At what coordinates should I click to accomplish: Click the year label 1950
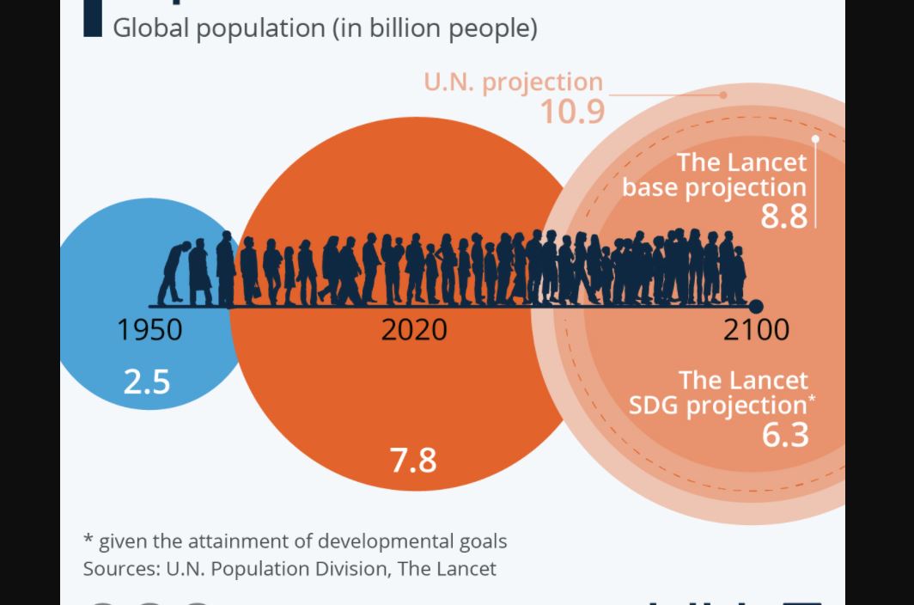click(149, 330)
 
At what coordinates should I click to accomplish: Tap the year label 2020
click(414, 330)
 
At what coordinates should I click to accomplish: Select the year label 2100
click(756, 330)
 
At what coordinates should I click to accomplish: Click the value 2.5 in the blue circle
click(147, 382)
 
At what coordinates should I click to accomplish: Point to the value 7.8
click(413, 460)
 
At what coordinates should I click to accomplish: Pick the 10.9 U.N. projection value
click(572, 112)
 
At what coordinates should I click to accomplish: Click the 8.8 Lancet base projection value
click(784, 216)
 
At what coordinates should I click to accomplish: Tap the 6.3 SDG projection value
click(785, 435)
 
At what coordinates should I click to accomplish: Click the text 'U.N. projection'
click(513, 82)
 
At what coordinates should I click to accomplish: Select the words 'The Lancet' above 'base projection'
click(742, 162)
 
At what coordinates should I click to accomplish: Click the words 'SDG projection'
click(718, 405)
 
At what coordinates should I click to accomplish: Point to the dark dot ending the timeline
click(756, 307)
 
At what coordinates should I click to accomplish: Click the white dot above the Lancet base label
click(815, 138)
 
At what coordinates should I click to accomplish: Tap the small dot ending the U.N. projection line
click(723, 95)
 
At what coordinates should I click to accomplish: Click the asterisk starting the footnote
click(88, 541)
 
